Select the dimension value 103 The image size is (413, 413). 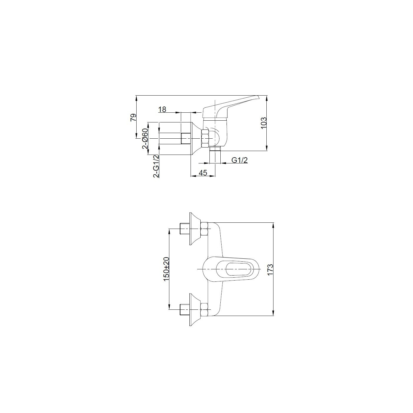(x=263, y=123)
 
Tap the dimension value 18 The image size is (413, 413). (x=162, y=109)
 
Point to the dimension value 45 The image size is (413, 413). (x=203, y=173)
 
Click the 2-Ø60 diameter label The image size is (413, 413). (x=145, y=139)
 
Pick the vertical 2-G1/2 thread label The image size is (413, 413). (x=156, y=166)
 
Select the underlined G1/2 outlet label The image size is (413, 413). (x=240, y=160)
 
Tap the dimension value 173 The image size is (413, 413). (x=270, y=270)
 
